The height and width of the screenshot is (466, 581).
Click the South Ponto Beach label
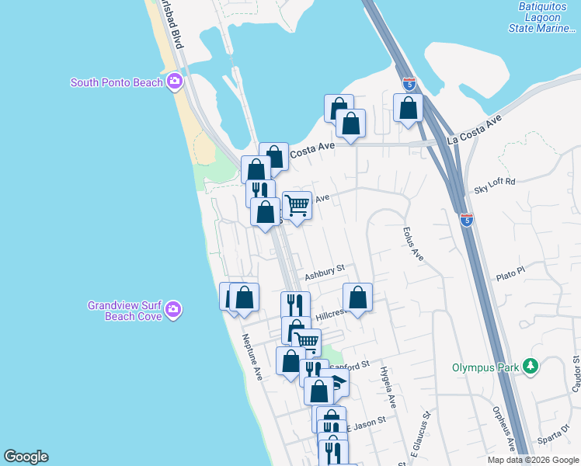pyautogui.click(x=117, y=82)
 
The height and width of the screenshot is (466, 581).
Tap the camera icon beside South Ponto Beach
pyautogui.click(x=175, y=81)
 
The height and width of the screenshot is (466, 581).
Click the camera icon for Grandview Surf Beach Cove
pyautogui.click(x=174, y=311)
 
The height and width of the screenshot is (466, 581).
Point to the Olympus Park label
pyautogui.click(x=486, y=365)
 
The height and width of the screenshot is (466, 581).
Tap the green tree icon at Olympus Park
pyautogui.click(x=531, y=365)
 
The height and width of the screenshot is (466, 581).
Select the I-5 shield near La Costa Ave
pyautogui.click(x=409, y=84)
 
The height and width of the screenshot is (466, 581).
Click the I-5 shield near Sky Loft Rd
pyautogui.click(x=466, y=221)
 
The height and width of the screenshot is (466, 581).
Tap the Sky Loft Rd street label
pyautogui.click(x=495, y=186)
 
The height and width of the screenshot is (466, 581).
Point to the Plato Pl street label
pyautogui.click(x=511, y=273)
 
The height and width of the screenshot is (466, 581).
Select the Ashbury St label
pyautogui.click(x=324, y=273)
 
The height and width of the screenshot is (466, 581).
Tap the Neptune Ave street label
pyautogui.click(x=252, y=357)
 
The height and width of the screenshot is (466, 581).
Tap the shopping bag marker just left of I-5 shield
pyautogui.click(x=408, y=108)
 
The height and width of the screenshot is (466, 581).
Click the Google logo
pyautogui.click(x=26, y=457)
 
